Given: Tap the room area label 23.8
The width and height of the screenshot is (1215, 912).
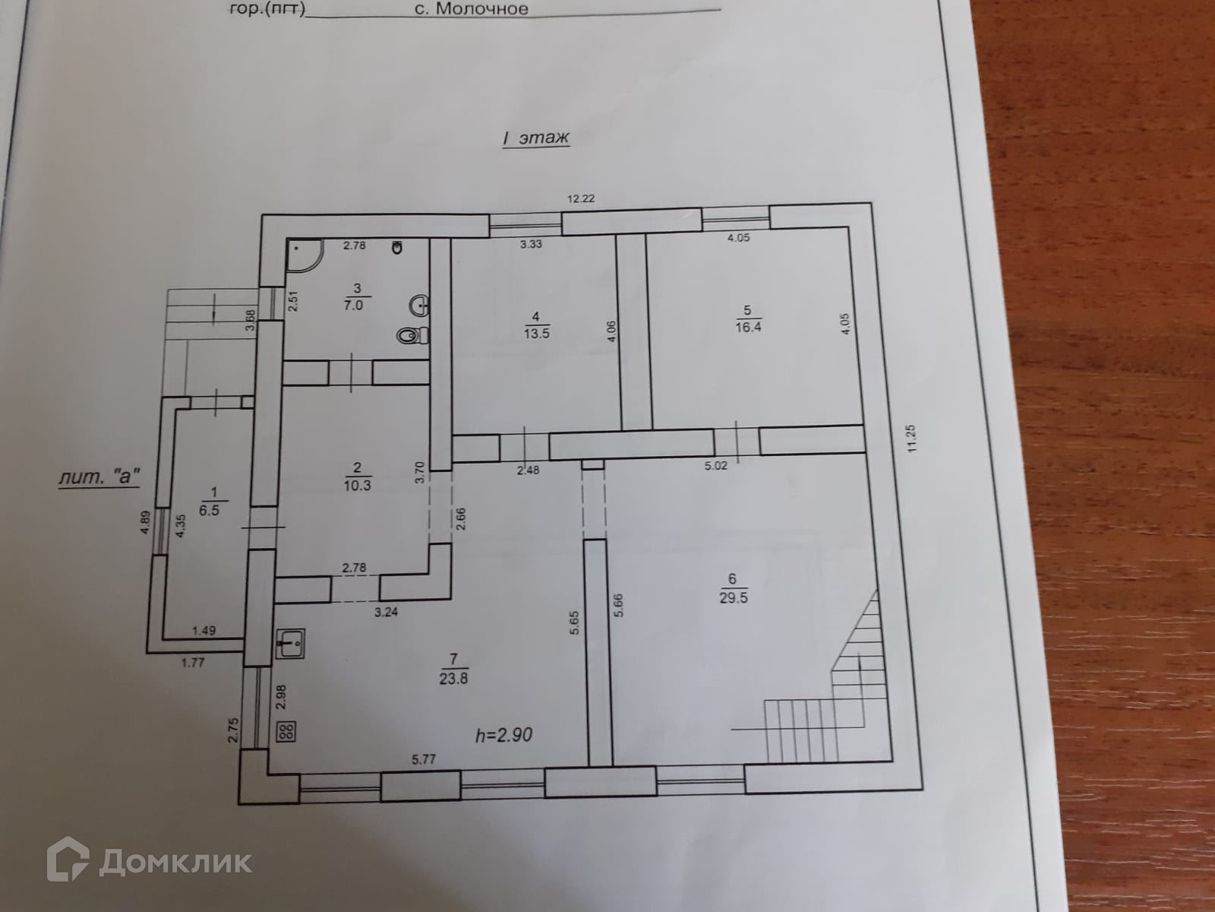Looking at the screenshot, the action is point(453,679).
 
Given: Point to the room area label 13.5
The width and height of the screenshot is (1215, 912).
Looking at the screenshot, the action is point(536,332).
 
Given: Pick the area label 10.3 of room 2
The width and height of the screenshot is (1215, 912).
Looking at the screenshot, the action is point(357,485).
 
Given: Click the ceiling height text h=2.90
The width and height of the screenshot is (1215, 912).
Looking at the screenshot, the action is point(503,735).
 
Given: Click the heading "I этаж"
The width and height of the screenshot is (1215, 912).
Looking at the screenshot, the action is point(535,138).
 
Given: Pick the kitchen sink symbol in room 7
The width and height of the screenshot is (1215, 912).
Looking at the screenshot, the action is point(291,644).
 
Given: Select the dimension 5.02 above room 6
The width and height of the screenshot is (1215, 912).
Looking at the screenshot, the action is point(716,466).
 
